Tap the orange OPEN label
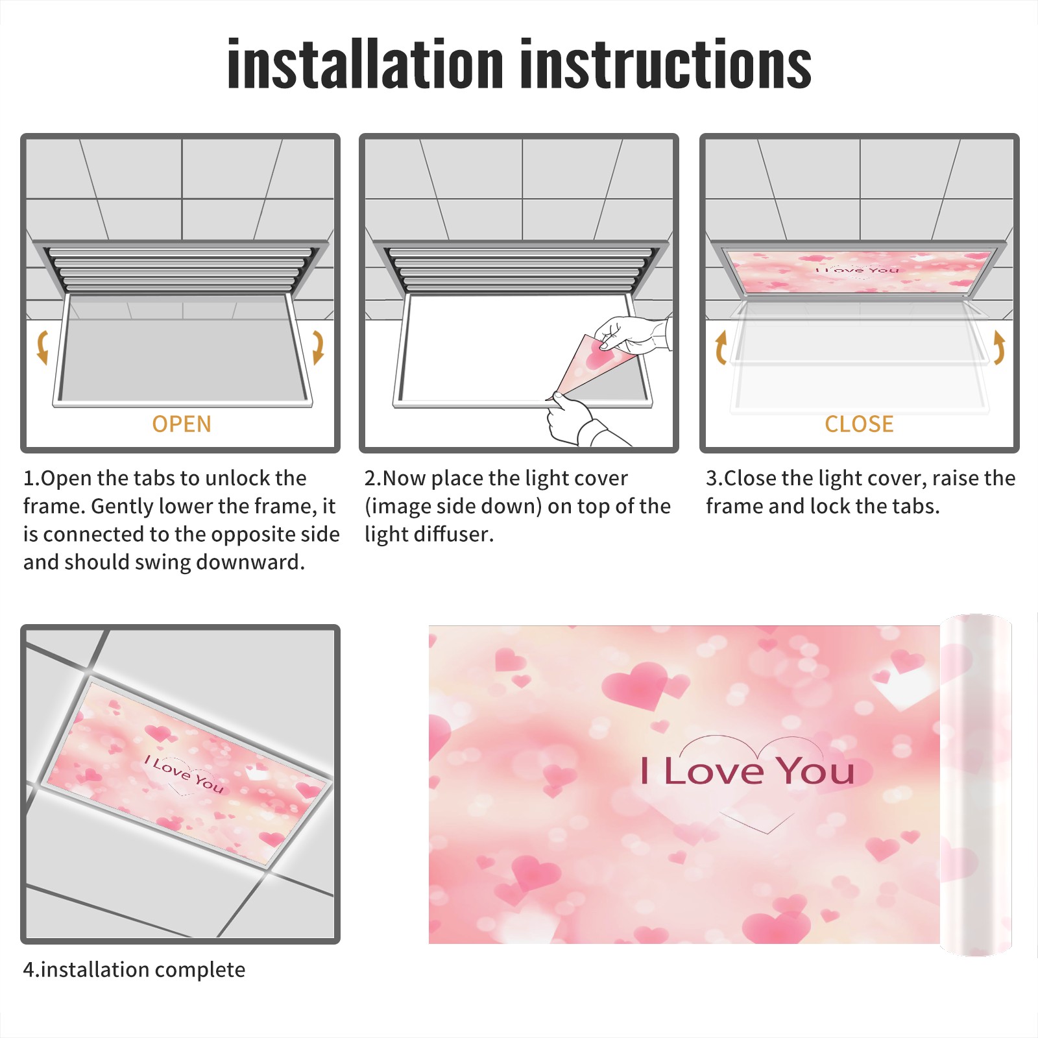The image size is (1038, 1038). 182,424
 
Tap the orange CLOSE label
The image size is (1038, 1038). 859,424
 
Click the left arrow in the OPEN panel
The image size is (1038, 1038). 42,347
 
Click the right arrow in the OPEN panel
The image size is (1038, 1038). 318,347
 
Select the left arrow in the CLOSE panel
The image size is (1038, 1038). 721,348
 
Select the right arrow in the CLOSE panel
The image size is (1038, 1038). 999,348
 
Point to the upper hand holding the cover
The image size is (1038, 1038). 633,335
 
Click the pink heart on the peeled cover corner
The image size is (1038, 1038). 599,356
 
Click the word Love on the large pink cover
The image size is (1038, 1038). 714,771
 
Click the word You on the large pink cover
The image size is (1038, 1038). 816,771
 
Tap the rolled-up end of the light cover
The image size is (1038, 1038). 976,785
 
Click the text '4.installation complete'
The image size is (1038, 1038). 134,970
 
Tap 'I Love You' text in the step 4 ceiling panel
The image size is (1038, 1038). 184,775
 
